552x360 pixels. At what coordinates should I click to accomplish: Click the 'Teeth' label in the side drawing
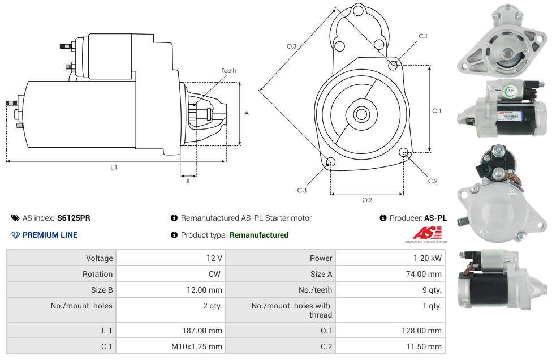228,71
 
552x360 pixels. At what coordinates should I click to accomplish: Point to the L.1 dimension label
114,167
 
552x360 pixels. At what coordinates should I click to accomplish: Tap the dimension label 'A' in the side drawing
247,113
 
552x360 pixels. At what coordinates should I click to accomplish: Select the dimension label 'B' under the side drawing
188,181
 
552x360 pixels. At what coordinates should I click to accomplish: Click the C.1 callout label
422,36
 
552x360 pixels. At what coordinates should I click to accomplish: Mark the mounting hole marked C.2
404,152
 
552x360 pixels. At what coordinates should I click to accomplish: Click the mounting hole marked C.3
331,162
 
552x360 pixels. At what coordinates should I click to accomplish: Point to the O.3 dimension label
291,46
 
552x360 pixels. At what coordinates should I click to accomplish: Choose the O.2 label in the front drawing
366,199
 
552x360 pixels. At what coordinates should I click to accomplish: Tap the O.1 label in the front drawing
437,110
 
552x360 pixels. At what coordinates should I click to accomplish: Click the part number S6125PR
74,218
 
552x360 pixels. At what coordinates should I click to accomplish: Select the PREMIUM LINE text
50,235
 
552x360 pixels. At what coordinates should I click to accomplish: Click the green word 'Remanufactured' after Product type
258,235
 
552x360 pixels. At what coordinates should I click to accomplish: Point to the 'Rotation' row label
97,274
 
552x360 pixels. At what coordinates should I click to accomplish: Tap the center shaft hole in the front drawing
361,114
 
